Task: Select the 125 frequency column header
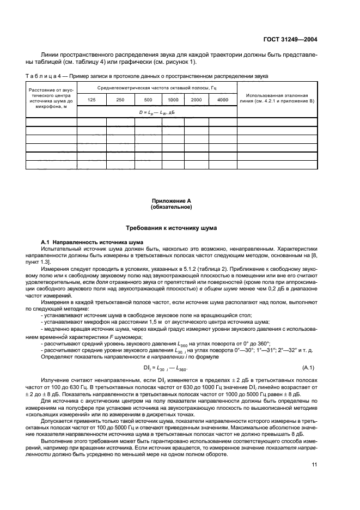coord(90,100)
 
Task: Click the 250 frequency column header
coord(120,100)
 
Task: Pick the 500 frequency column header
coord(148,100)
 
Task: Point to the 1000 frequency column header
coord(173,100)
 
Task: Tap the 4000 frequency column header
coord(222,100)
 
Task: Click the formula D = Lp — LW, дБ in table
coord(157,112)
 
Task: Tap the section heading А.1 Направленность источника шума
coord(92,240)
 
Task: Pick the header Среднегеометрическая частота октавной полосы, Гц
coord(157,87)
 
